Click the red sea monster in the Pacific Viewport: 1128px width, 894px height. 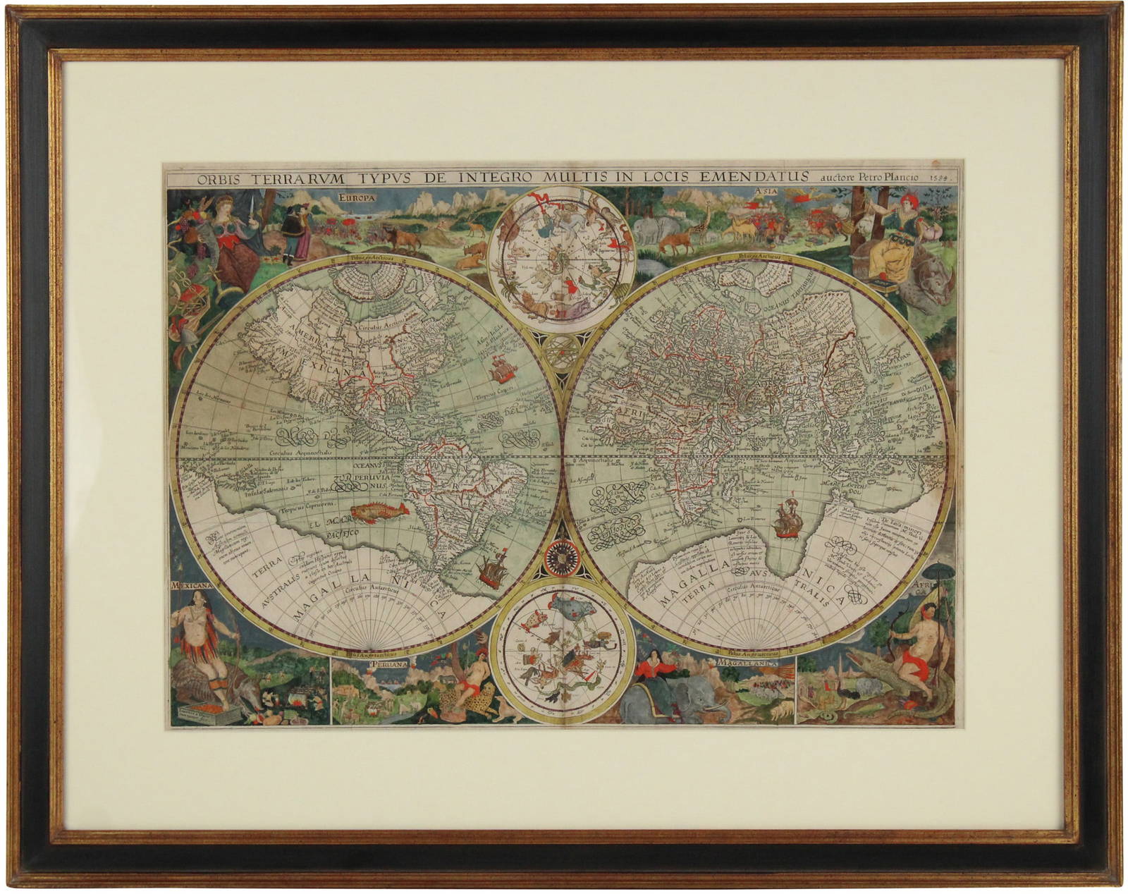(x=373, y=511)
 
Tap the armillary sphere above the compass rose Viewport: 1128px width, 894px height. (x=562, y=349)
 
